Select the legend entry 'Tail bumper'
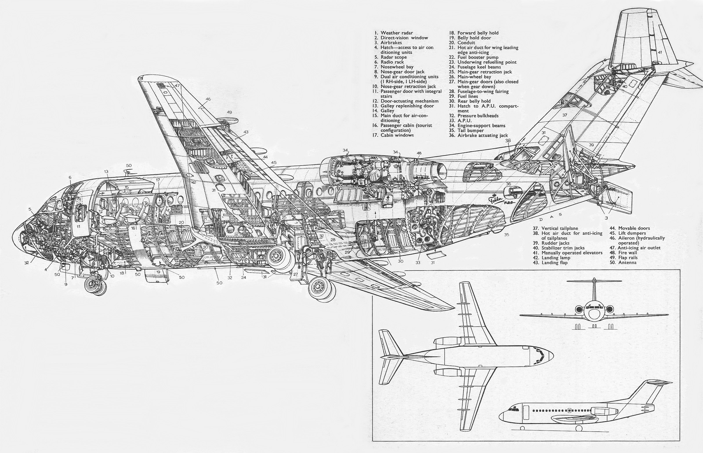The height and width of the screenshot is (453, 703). point(470,131)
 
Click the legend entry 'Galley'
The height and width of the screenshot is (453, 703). point(387,111)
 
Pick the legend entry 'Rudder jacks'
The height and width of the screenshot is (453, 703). point(555,243)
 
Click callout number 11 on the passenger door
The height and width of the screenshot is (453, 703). point(78,227)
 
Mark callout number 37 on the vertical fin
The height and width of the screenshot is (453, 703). point(565,115)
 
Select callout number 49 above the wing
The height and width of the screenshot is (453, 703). point(229,112)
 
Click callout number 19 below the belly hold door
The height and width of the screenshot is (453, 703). point(158,272)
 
